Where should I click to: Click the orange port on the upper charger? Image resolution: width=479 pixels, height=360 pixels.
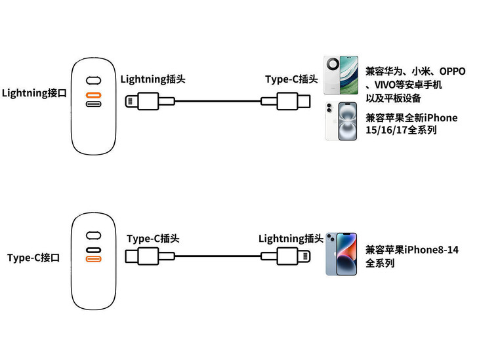94,94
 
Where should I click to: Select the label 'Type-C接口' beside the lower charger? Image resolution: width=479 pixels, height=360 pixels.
33,258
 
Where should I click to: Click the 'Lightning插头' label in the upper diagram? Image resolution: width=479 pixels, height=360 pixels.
153,79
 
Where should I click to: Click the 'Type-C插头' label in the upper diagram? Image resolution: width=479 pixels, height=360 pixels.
291,79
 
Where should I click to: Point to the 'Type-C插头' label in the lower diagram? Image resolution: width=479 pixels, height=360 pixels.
153,239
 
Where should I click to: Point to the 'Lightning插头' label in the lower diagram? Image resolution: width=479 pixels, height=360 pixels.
291,239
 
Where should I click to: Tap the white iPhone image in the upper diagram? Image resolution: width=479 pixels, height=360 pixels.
341,121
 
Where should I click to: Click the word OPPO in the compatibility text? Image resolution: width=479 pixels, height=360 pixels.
452,71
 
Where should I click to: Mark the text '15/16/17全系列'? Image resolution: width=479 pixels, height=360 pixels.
401,130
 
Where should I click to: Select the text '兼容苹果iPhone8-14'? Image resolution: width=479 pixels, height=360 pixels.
412,250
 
